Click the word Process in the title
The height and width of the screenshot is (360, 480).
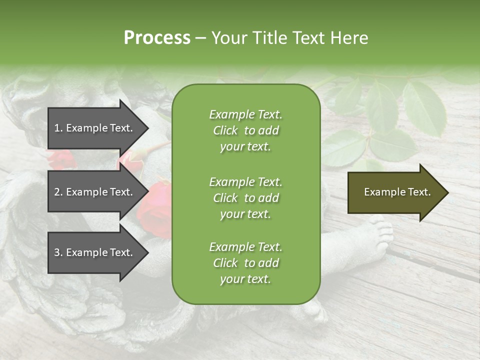pos(157,38)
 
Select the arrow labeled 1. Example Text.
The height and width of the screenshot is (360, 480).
pos(95,128)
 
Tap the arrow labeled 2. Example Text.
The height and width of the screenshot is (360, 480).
pos(95,192)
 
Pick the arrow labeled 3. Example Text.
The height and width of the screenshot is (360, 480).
pos(95,252)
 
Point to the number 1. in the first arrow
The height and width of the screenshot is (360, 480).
pos(58,128)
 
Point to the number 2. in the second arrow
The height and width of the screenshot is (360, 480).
pos(58,192)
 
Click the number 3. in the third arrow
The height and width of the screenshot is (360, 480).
pos(58,252)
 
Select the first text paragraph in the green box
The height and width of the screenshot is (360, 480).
pos(245,130)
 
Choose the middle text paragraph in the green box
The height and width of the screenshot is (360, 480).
pos(245,198)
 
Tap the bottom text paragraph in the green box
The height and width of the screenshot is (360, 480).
pos(245,263)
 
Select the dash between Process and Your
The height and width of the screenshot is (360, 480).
pos(201,38)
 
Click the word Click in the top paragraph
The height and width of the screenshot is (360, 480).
pos(225,130)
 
